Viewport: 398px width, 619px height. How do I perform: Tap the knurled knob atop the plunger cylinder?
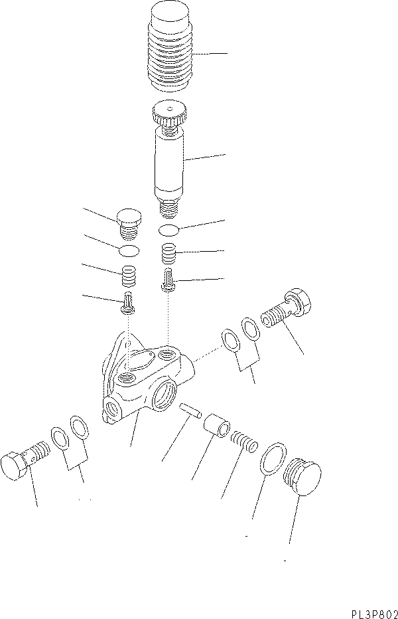[170, 112]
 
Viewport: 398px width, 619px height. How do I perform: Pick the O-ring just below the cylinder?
[168, 230]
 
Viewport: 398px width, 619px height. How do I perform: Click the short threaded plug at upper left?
[129, 224]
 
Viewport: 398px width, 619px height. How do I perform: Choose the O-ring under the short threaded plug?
[129, 250]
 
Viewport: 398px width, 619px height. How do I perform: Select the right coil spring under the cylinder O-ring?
[168, 254]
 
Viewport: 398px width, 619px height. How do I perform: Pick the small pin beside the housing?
[190, 410]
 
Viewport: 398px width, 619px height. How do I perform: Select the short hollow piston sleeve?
[216, 426]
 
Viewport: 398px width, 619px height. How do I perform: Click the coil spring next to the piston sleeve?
[245, 440]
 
